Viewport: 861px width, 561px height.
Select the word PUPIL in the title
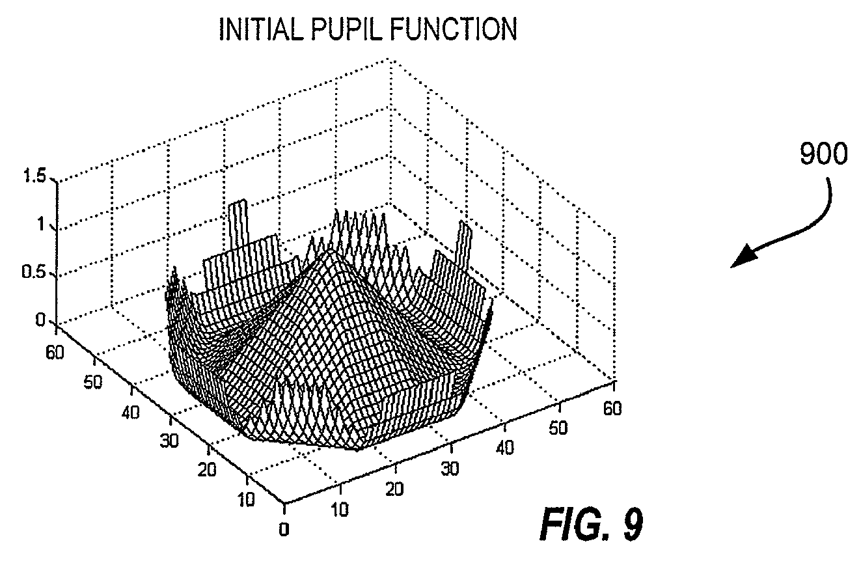347,29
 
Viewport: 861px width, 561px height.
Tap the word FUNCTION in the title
454,29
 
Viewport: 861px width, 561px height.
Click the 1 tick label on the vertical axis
41,224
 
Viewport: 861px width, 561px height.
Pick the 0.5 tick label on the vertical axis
33,272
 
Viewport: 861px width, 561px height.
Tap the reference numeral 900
823,154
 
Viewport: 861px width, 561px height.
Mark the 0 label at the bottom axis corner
284,530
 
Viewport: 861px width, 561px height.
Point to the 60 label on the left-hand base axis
55,353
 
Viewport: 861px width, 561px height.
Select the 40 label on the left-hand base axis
131,413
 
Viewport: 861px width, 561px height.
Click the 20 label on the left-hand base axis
207,470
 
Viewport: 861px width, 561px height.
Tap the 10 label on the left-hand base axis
246,500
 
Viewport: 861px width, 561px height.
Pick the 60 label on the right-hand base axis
612,408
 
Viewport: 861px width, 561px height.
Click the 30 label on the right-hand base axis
450,469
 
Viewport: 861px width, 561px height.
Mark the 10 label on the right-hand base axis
340,510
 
